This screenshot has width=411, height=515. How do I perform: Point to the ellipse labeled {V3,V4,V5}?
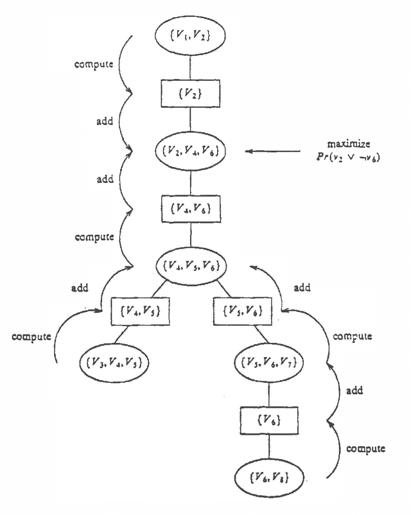click(x=114, y=362)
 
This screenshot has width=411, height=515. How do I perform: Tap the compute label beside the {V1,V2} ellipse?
click(x=94, y=65)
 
